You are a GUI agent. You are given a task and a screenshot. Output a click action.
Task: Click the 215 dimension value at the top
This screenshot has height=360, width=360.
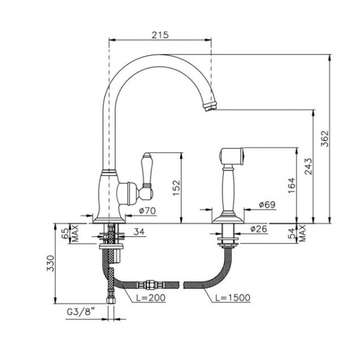pyautogui.click(x=160, y=35)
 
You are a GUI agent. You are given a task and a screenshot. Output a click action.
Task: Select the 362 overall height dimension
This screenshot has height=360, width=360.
pyautogui.click(x=325, y=139)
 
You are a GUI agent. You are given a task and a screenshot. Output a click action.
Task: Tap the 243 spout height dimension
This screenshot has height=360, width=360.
pyautogui.click(x=309, y=166)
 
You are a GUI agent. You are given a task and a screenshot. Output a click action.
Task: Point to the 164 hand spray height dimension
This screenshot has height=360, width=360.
pyautogui.click(x=292, y=185)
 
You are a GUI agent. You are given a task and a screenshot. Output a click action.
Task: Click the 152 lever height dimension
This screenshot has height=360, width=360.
pyautogui.click(x=176, y=188)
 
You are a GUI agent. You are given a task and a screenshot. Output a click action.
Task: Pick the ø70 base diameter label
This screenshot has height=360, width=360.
pyautogui.click(x=148, y=211)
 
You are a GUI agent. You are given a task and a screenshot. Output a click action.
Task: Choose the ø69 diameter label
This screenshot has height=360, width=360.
pyautogui.click(x=267, y=204)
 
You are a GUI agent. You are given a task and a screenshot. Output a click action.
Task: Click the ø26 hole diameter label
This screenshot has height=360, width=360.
pyautogui.click(x=259, y=229)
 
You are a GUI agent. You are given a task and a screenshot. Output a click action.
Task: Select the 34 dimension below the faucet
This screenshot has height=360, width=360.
pyautogui.click(x=139, y=232)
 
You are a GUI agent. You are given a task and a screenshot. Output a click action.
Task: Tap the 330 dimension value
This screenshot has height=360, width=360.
pyautogui.click(x=50, y=263)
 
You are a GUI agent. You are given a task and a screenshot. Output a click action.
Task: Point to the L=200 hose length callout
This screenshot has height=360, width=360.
pyautogui.click(x=150, y=297)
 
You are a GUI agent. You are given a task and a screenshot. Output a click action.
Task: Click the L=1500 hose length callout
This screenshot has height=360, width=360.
pyautogui.click(x=233, y=297)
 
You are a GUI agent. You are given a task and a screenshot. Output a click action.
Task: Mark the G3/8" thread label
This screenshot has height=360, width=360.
pyautogui.click(x=81, y=312)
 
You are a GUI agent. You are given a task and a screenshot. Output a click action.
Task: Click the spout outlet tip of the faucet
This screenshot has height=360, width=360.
pyautogui.click(x=210, y=107)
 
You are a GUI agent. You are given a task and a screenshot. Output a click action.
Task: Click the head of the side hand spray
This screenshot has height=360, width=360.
pyautogui.click(x=232, y=156)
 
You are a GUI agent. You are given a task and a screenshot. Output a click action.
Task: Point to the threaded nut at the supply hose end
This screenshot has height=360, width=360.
pyautogui.click(x=110, y=300)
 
